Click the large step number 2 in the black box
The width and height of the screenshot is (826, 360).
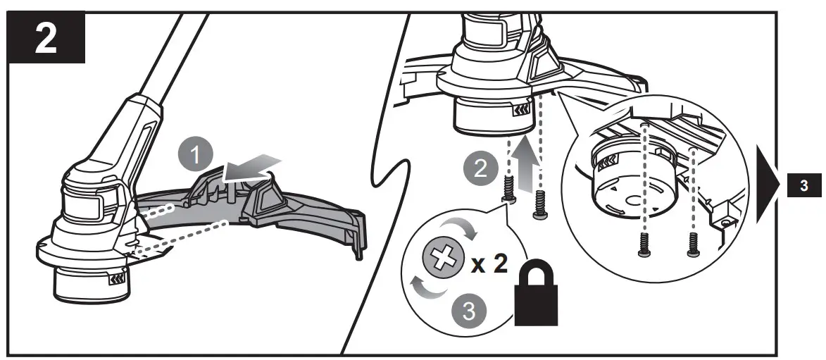click(46, 39)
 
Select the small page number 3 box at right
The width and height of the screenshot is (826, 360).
click(804, 187)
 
